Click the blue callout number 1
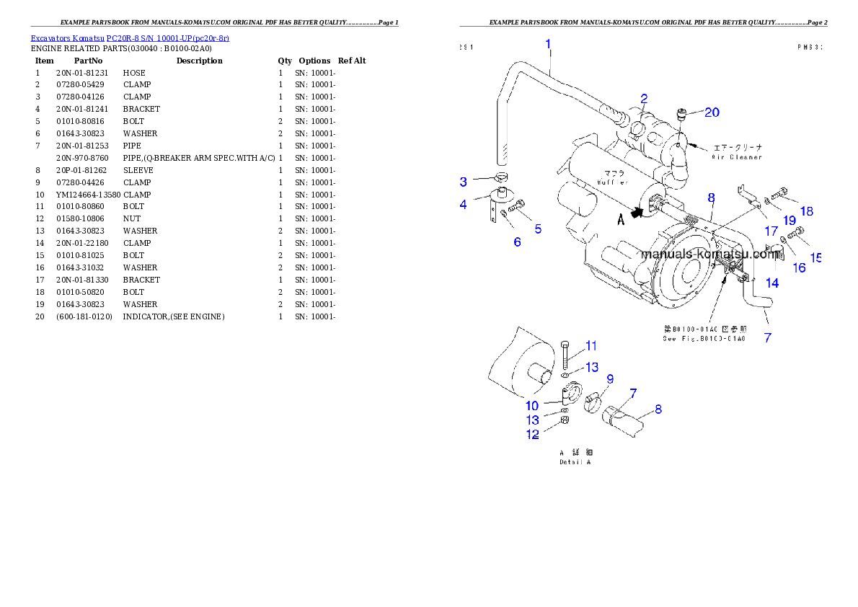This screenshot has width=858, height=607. [x=549, y=44]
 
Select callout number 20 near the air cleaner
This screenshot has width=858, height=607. [x=712, y=112]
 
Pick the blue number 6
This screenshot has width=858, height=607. [x=517, y=242]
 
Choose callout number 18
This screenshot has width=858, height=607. [x=806, y=211]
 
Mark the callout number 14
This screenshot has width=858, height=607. [x=772, y=283]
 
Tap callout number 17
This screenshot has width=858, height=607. [x=771, y=231]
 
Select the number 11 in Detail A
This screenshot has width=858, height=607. [x=591, y=345]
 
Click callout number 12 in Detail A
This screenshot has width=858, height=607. [x=532, y=435]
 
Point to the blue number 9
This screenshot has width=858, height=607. [x=610, y=378]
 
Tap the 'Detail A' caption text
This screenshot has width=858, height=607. [x=575, y=462]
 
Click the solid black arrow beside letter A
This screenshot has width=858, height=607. [x=636, y=213]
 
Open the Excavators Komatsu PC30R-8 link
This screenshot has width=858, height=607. [x=130, y=38]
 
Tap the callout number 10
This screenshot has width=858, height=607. [x=531, y=406]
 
